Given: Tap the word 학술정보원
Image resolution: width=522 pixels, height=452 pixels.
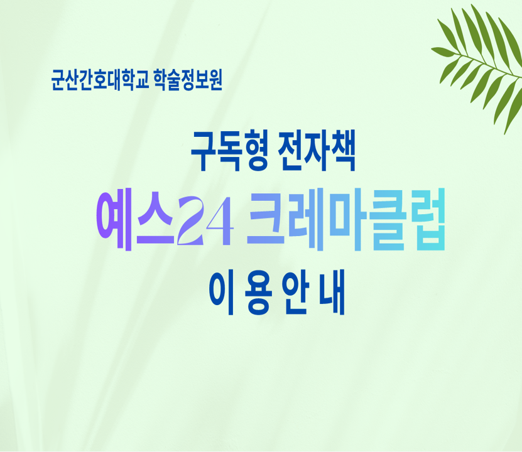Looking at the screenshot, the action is point(188,80).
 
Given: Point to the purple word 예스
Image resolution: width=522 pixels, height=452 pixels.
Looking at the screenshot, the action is point(136,221).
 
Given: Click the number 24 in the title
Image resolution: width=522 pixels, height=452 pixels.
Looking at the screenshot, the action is point(205,221).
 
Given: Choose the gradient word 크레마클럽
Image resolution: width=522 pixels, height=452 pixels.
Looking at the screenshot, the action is point(346,220).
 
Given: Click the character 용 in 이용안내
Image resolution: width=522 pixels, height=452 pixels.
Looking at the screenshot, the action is point(258,293).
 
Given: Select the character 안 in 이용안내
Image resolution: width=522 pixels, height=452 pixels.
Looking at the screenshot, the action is point(295,293).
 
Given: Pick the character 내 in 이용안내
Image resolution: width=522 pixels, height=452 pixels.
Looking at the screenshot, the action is point(332,293).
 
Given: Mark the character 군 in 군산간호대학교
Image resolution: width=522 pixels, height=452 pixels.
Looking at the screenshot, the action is point(58,80).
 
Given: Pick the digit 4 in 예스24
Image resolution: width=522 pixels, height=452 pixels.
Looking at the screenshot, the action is point(220,222).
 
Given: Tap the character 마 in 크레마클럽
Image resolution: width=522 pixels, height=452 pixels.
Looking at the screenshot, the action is point(346,220).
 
